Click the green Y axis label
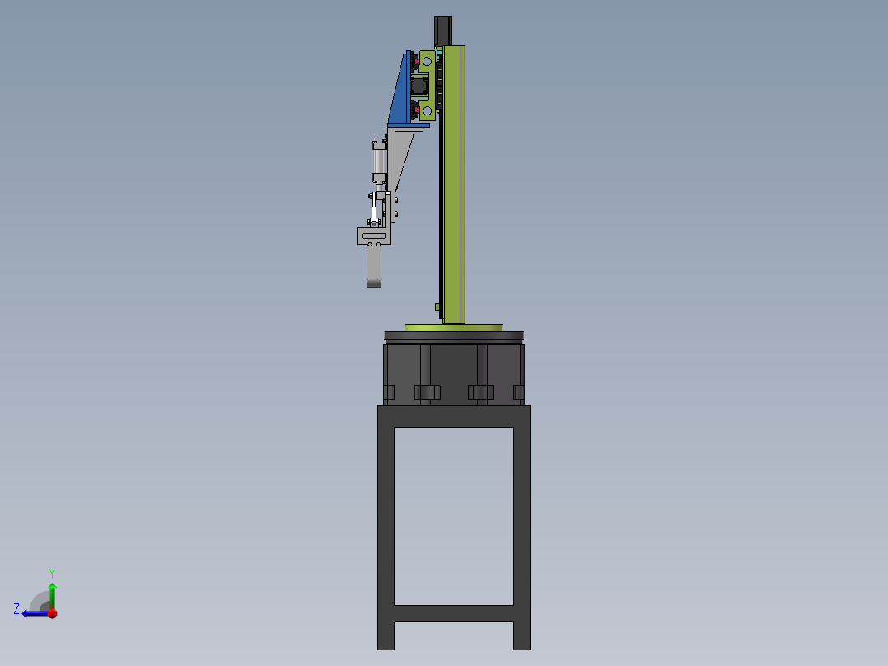(52, 572)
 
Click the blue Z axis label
(16, 609)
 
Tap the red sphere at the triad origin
(52, 612)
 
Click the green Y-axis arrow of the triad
(52, 593)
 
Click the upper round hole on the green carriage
(427, 61)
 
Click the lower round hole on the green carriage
(427, 110)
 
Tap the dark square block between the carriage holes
(420, 85)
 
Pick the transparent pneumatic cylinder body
(379, 162)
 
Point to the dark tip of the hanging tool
(374, 284)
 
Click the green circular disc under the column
(453, 327)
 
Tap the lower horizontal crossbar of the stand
(454, 613)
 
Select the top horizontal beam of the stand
(454, 415)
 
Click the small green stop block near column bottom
(437, 307)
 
